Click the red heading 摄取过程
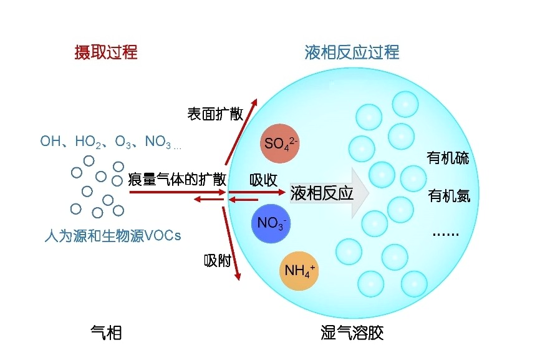106,51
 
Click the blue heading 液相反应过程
352,51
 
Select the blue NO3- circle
271,223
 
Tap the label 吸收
263,180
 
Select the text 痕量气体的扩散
177,180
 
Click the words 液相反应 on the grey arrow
322,193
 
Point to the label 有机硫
448,157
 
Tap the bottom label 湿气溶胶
352,333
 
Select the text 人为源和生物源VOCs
113,236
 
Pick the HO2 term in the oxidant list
88,142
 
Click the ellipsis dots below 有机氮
445,234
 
